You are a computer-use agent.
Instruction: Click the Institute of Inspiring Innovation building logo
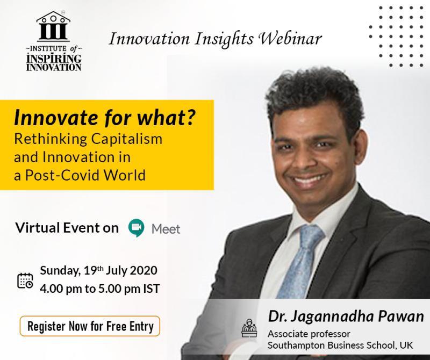coord(53,26)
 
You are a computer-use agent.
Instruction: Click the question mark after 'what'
coord(191,117)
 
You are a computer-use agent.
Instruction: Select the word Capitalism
coord(127,139)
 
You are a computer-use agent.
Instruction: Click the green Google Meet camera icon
coord(137,228)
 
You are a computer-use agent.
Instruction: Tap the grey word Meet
coord(166,229)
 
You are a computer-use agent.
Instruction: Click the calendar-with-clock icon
coord(25,280)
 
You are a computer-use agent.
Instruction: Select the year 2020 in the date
coord(144,271)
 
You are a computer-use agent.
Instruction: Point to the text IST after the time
coord(152,289)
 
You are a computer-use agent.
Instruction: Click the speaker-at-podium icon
coord(249,328)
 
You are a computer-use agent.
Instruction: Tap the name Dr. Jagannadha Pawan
coord(346,316)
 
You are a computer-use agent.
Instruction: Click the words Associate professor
coord(309,334)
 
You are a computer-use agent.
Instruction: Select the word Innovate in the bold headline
coord(56,118)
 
